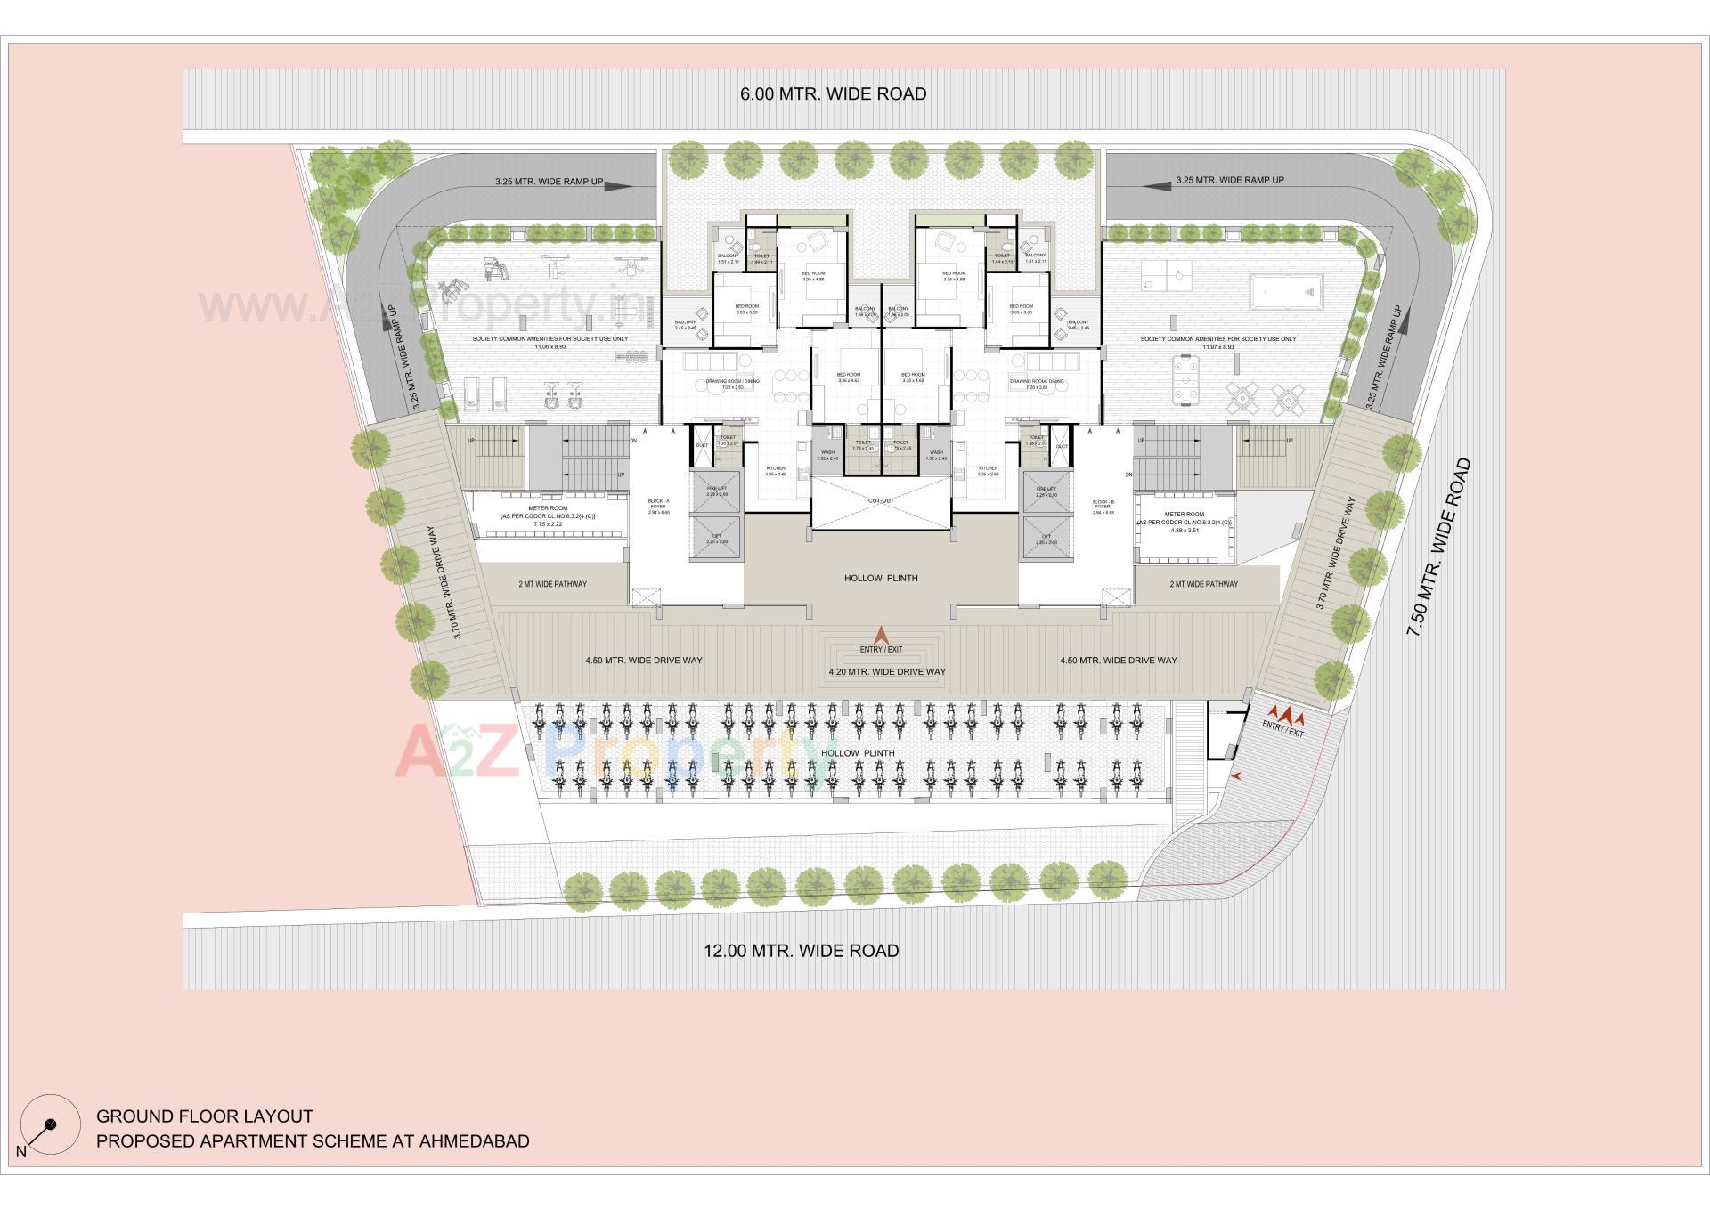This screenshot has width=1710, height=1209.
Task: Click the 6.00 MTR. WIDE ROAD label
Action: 833,94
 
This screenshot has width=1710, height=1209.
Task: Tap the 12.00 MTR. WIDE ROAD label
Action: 801,951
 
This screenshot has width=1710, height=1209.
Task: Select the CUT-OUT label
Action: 881,501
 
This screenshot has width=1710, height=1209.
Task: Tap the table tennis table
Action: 1166,275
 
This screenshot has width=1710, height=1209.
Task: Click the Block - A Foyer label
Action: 658,507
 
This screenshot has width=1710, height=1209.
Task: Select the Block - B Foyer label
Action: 1103,507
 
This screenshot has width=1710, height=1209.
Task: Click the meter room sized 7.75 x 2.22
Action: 548,516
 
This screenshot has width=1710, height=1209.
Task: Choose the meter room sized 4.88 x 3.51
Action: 1184,522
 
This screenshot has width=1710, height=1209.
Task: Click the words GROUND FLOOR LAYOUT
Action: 205,1116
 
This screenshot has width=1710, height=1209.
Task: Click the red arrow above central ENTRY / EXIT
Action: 881,635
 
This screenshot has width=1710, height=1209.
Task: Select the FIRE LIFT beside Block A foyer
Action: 716,491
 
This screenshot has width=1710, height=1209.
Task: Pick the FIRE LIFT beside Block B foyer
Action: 1046,491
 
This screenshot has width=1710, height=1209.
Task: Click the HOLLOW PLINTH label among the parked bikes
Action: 858,753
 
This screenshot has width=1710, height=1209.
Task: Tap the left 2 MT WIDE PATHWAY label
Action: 552,584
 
